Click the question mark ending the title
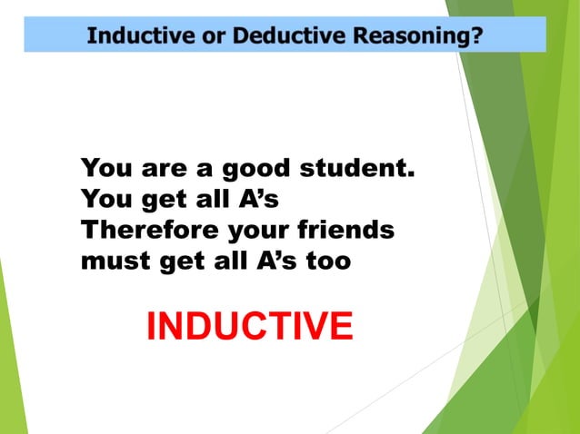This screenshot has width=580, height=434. pyautogui.click(x=477, y=36)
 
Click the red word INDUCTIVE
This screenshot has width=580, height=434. pyautogui.click(x=249, y=327)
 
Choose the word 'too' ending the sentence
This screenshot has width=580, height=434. pyautogui.click(x=329, y=261)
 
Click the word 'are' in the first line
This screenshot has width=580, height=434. pyautogui.click(x=160, y=171)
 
